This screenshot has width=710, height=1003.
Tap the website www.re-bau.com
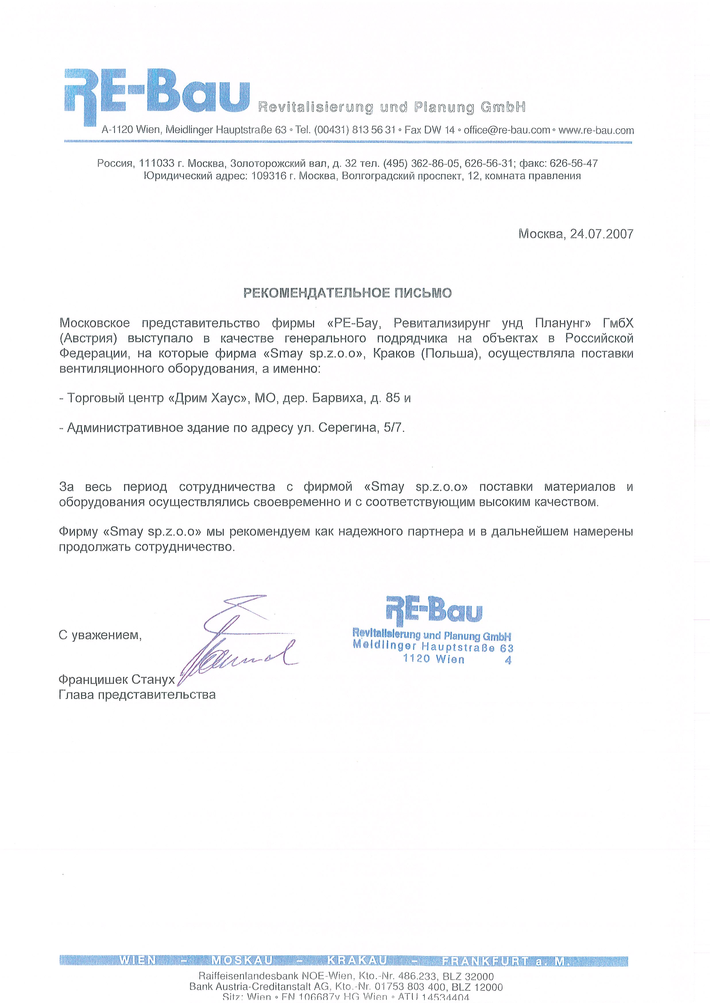coord(596,130)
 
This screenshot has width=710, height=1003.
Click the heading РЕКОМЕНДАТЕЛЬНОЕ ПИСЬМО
coord(347,293)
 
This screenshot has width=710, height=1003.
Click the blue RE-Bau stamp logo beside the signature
coord(434,609)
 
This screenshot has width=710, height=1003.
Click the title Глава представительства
coord(137,695)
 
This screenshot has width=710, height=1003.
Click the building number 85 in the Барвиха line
coord(392,398)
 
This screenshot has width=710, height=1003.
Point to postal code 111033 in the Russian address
coord(156,163)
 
